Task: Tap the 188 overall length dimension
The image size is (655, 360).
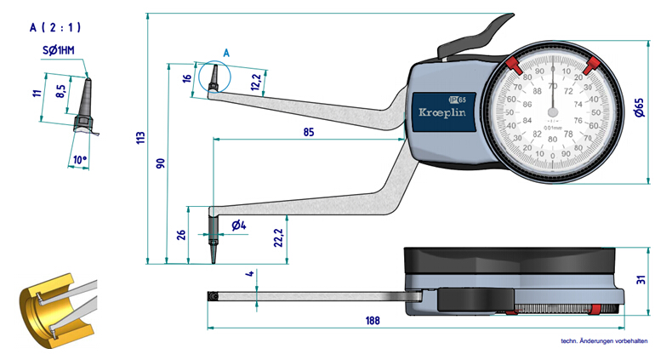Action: pos(371,321)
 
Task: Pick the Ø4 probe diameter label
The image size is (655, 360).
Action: pos(238,225)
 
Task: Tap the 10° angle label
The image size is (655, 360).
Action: pos(80,160)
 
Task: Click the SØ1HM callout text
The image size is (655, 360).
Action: pos(59,51)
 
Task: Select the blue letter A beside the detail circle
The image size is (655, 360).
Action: pos(226,53)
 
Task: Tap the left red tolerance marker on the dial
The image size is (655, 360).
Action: pos(513,66)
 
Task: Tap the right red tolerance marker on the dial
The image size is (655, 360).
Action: pos(594,66)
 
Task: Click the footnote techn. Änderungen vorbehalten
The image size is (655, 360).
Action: pos(605,342)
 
